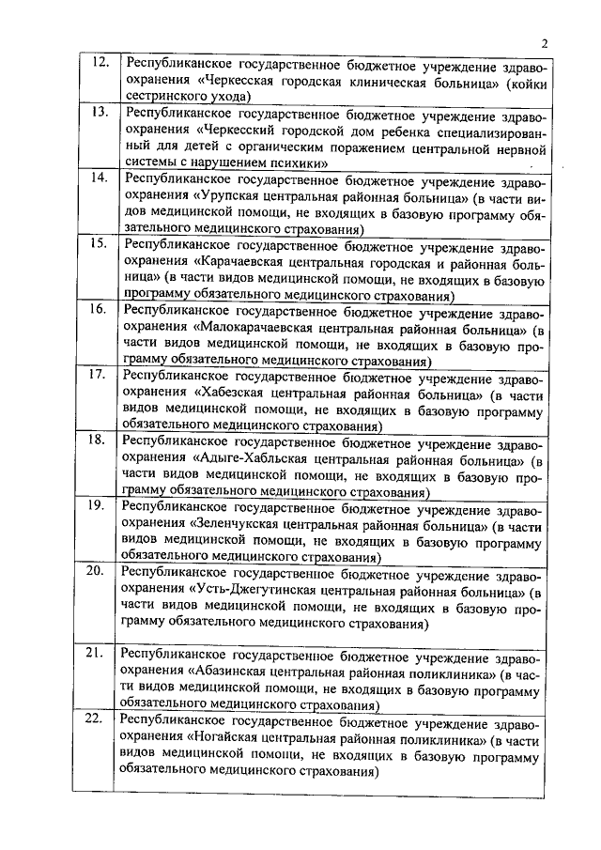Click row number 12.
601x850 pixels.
point(98,63)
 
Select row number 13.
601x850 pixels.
point(98,112)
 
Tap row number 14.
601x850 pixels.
point(98,178)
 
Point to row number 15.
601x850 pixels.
point(98,243)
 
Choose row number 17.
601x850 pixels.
point(98,375)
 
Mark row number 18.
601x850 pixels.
point(98,440)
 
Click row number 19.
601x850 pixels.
point(98,505)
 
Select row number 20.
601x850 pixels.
point(98,571)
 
